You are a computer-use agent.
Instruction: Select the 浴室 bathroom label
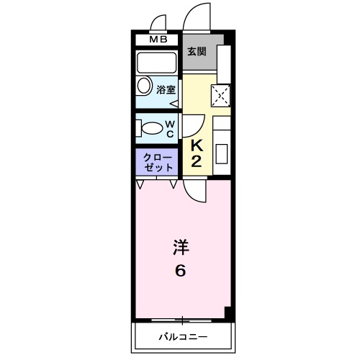point(166,90)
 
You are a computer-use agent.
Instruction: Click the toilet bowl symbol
point(150,128)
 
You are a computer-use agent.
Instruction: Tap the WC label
point(171,129)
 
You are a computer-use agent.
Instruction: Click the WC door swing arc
point(192,125)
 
